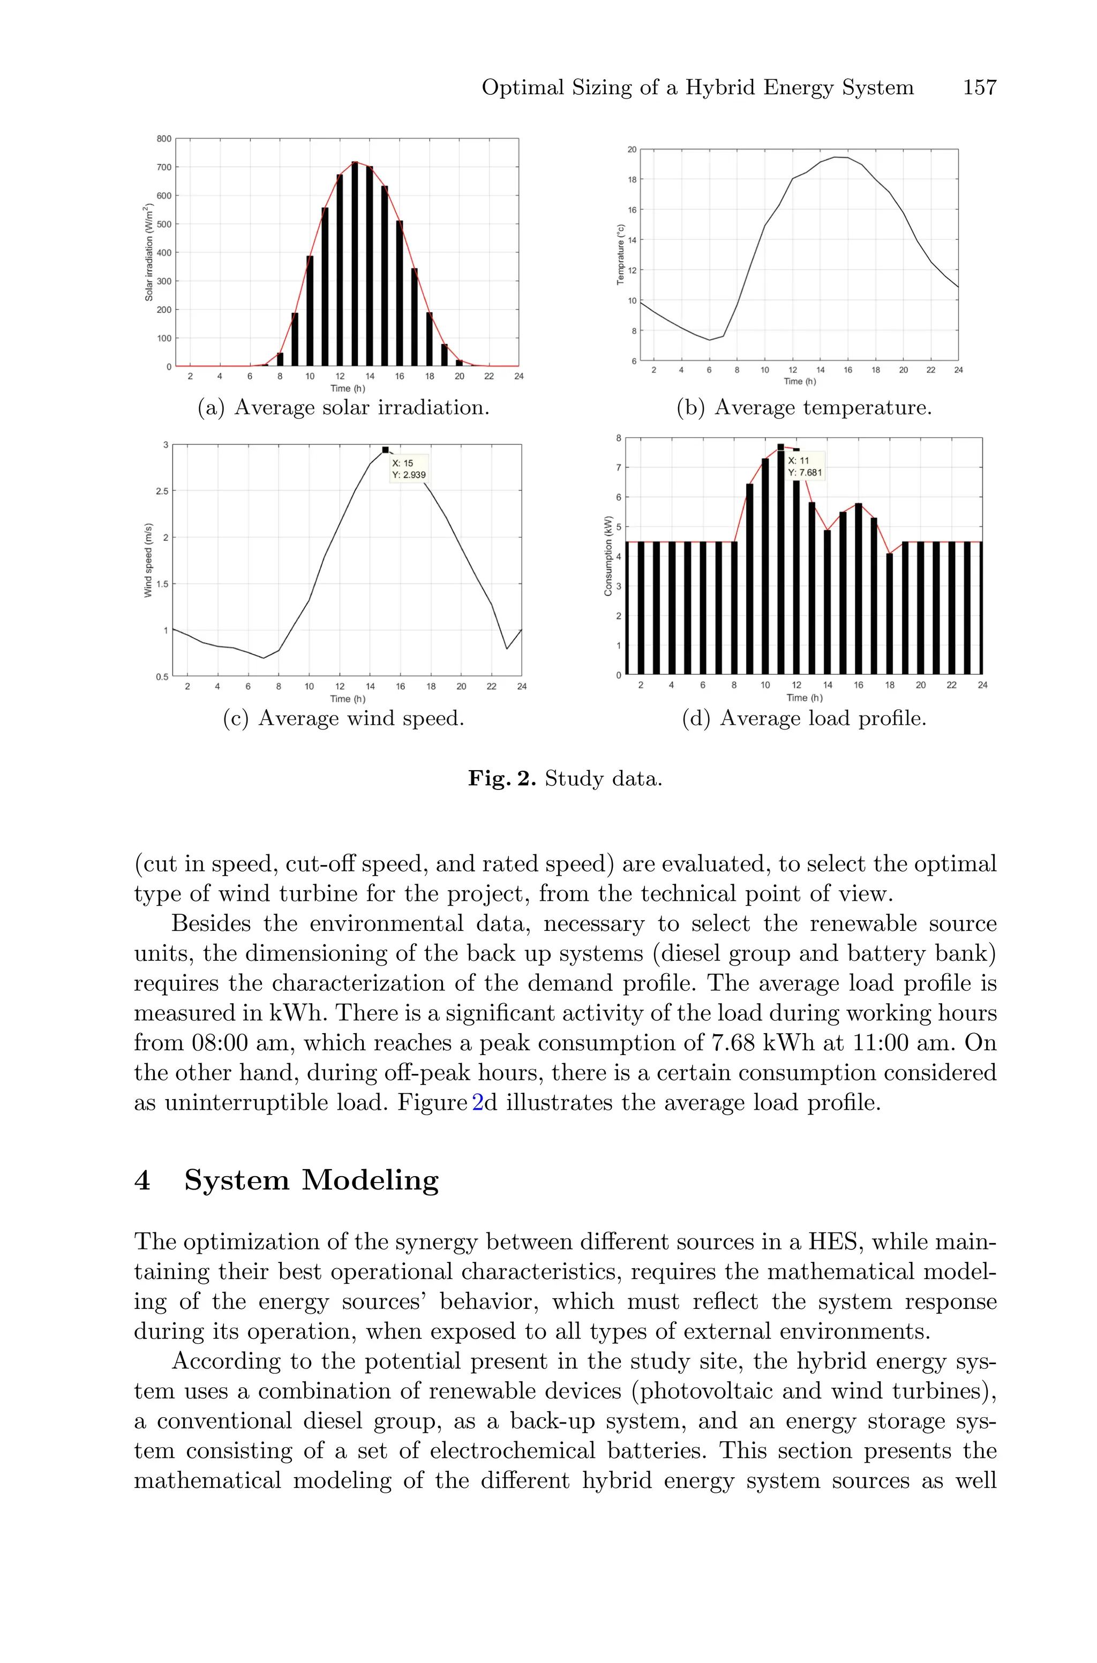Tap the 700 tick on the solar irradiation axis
164,167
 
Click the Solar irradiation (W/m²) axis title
149,252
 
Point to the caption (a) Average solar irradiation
343,407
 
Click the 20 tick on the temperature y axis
632,149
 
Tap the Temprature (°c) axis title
620,254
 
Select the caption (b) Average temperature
804,407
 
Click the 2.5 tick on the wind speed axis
162,491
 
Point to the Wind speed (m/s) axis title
148,560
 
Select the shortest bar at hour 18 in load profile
889,613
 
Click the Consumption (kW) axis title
608,556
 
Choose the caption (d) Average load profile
804,718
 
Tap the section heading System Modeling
311,1180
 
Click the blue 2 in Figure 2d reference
478,1102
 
